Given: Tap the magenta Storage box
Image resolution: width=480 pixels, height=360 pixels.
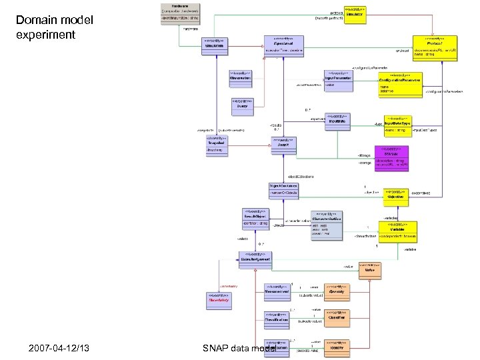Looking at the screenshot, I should pos(397,157).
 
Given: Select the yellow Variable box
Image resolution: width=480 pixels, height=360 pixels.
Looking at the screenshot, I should pos(398,231).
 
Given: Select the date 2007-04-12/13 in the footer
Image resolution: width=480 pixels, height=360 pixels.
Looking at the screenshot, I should pos(59,348).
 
